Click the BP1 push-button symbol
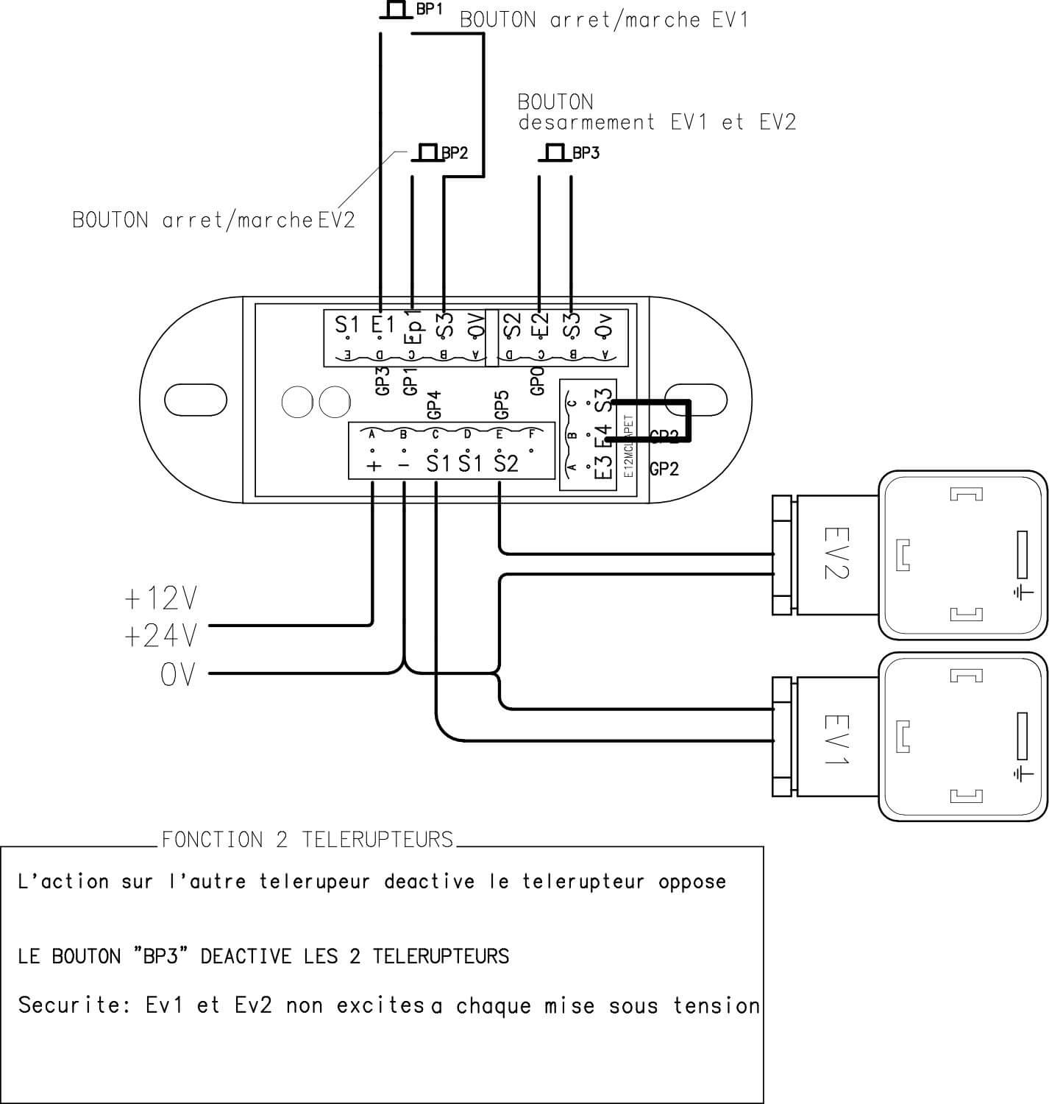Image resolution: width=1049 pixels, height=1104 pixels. point(395,10)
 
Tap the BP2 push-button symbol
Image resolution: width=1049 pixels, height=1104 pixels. point(426,152)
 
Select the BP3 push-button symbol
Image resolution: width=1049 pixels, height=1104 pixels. point(555,152)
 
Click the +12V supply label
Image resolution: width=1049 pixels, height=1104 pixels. point(161,599)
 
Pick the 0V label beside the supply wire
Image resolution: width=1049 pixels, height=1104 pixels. point(178,673)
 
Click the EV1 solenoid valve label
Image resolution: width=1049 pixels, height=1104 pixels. point(836,739)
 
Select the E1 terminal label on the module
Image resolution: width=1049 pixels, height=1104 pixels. point(383,324)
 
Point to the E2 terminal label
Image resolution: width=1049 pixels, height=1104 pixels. point(541,325)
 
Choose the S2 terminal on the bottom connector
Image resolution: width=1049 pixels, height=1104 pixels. point(506,464)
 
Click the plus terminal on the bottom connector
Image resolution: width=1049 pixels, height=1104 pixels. point(374,465)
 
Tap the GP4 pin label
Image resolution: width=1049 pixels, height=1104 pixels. point(433,406)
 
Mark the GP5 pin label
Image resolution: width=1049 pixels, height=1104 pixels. point(501,406)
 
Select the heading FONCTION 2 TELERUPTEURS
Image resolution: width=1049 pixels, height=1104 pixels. point(307,840)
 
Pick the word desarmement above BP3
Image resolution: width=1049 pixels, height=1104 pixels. point(586,122)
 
